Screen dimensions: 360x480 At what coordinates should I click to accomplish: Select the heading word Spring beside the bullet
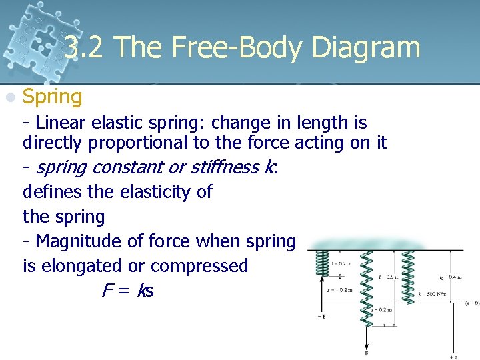(x=53, y=97)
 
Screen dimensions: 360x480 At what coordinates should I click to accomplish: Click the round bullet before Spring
(x=10, y=97)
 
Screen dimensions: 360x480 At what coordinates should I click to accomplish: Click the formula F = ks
(x=127, y=291)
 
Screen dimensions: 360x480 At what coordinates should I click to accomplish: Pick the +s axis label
(x=453, y=356)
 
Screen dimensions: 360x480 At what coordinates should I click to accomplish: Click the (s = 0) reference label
(x=471, y=303)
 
